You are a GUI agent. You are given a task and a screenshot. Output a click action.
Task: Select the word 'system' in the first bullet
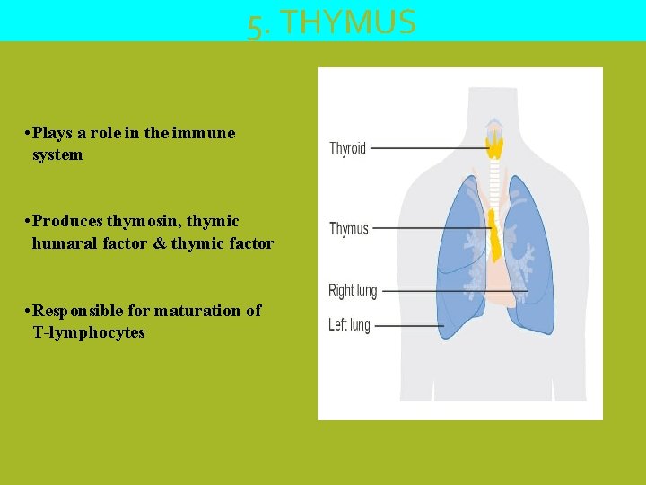57,154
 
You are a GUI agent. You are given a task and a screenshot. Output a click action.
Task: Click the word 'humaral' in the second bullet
64,242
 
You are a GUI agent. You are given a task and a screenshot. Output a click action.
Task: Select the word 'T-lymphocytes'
88,332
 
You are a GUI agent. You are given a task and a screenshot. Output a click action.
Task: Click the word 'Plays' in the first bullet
53,133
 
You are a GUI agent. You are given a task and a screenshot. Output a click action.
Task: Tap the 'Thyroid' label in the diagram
348,148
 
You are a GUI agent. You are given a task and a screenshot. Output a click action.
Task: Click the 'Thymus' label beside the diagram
349,229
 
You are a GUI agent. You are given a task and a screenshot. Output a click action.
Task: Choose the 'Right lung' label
353,291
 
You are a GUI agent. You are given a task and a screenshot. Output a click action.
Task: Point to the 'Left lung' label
350,324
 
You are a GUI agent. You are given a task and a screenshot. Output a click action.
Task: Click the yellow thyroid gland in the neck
494,144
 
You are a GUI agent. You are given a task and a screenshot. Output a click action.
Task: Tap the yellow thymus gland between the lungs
494,235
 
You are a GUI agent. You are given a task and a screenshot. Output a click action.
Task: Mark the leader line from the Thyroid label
422,148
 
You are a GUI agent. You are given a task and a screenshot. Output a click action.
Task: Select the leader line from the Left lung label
408,325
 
